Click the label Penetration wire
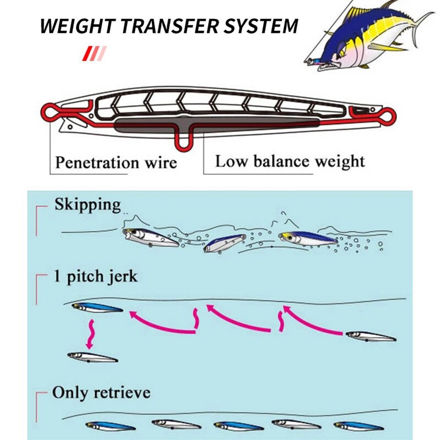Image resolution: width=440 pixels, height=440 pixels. pyautogui.click(x=116, y=163)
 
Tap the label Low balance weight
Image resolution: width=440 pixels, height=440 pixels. pyautogui.click(x=290, y=162)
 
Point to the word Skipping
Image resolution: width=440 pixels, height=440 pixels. pyautogui.click(x=87, y=205)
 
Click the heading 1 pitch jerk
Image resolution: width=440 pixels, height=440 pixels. pyautogui.click(x=95, y=277)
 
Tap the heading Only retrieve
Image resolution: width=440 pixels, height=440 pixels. pyautogui.click(x=101, y=394)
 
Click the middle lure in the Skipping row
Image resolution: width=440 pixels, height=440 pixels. pyautogui.click(x=224, y=242)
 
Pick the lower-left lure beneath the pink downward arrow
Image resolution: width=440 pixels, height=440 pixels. pyautogui.click(x=92, y=358)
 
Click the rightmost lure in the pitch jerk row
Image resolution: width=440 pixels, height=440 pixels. pyautogui.click(x=370, y=336)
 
